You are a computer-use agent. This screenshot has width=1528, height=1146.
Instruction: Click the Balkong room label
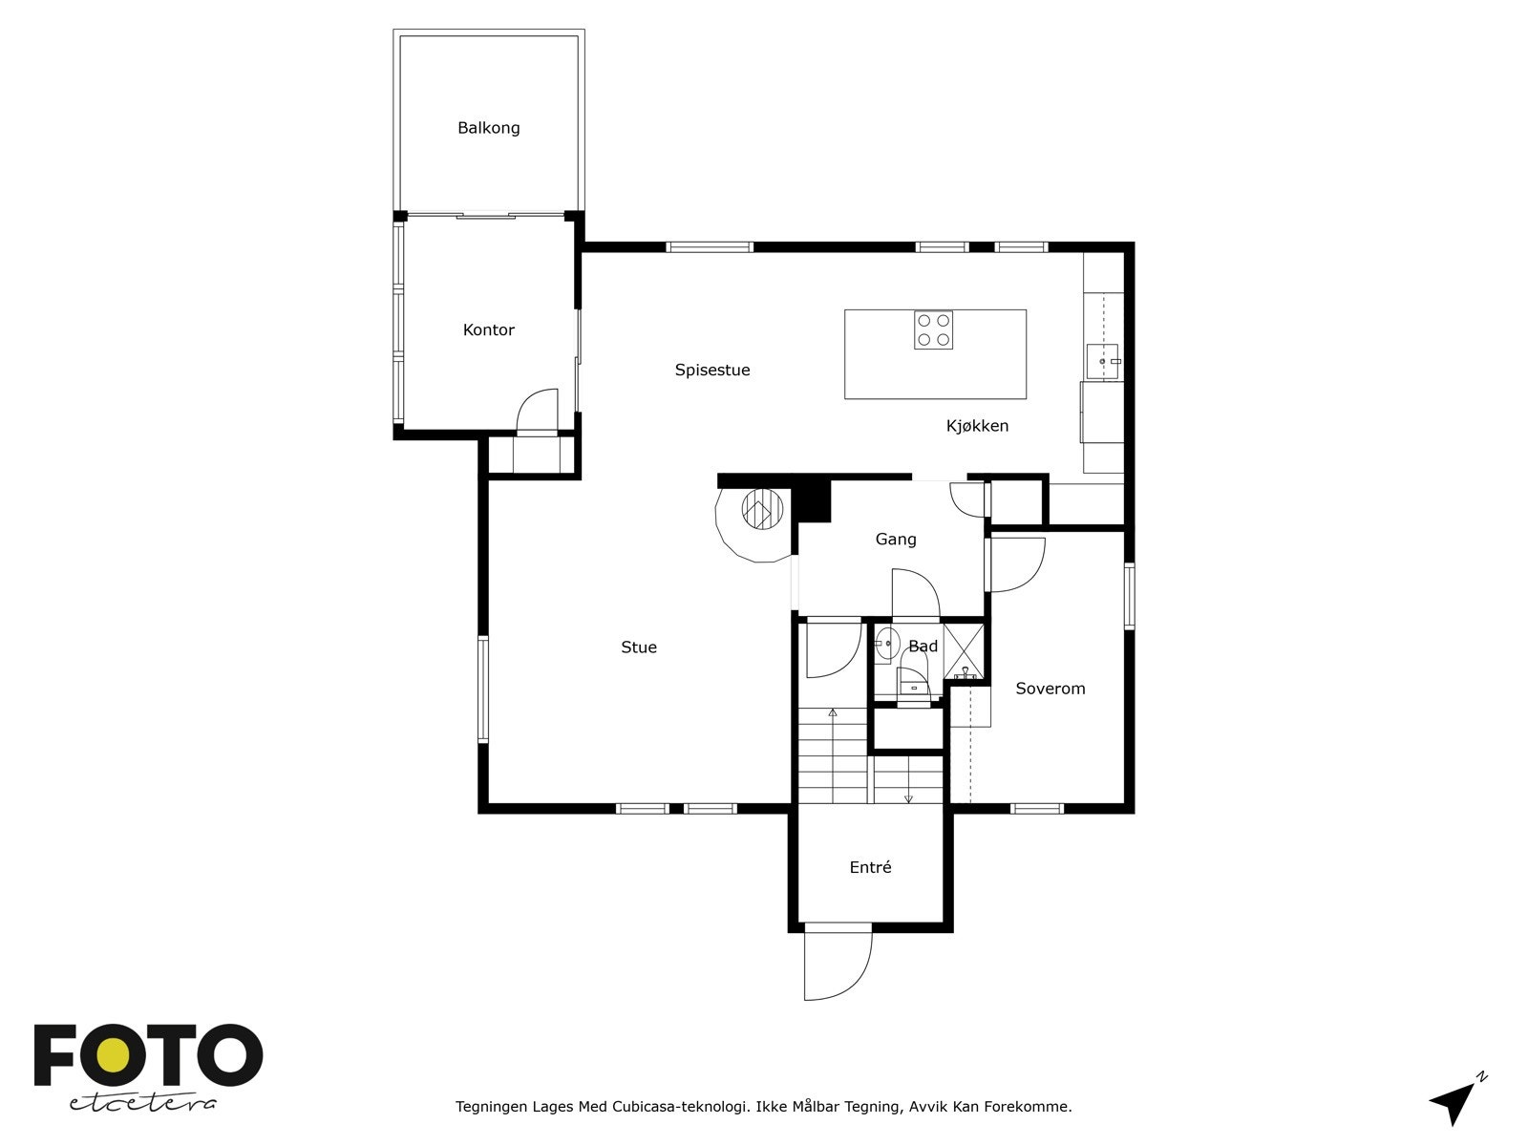coord(488,128)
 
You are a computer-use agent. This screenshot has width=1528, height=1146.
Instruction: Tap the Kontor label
coord(488,329)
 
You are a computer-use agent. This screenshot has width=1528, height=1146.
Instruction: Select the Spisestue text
coord(712,371)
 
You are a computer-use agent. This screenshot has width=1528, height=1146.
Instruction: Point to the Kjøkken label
coord(977,426)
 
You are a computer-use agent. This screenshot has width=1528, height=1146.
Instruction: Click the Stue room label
coord(638,647)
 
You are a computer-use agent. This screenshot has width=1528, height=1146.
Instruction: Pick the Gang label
coord(895,540)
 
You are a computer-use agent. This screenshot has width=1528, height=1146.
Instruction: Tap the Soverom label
coord(1050,689)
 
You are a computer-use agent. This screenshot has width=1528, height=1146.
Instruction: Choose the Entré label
coord(870,867)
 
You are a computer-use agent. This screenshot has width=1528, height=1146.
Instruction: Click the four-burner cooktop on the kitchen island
coord(933,329)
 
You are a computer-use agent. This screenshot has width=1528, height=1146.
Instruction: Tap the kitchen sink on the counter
coord(1103,362)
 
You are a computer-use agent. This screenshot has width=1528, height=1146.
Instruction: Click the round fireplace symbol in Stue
coord(762,509)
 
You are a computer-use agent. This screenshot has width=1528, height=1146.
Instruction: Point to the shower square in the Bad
coord(964,651)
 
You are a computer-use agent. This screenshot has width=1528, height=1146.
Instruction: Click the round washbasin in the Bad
coord(886,643)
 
